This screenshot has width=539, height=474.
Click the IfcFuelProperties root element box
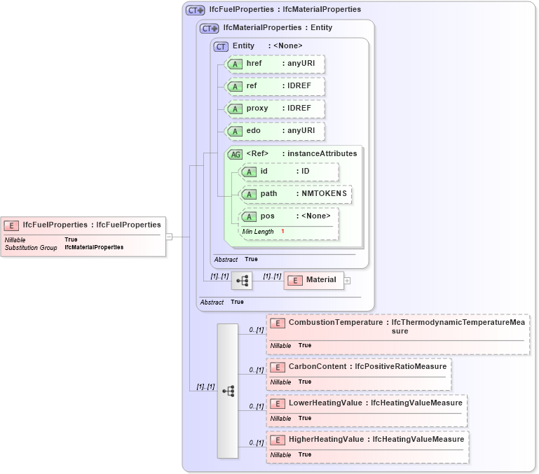84,225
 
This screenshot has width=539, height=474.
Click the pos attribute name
267,216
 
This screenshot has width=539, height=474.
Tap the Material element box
313,280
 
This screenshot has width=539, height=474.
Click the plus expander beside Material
347,280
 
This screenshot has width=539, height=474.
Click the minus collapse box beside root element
169,237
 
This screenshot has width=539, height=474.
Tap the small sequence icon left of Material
242,281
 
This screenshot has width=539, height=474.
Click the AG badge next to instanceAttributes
236,154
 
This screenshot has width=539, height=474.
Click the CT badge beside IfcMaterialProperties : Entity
210,29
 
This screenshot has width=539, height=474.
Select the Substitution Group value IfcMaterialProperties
94,247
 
